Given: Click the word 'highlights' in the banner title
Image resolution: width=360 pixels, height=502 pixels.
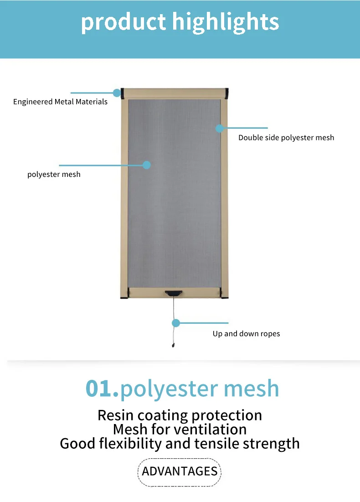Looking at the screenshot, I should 226,22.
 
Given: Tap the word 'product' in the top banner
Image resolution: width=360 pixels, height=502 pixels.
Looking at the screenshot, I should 123,22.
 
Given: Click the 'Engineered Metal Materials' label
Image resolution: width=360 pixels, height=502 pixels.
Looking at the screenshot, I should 60,102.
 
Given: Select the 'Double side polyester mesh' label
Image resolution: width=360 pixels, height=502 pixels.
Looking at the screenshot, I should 286,137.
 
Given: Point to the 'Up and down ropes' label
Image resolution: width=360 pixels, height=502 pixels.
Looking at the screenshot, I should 246,334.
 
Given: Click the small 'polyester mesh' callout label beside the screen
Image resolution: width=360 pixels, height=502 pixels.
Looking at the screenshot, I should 54,174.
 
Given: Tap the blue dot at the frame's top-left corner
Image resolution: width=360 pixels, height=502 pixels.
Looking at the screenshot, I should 117,93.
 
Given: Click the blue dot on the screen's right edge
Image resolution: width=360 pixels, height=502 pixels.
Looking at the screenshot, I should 220,129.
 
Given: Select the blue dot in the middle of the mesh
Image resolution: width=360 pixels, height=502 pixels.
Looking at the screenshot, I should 146,165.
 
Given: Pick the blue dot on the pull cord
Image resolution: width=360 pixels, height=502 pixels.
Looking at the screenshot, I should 175,323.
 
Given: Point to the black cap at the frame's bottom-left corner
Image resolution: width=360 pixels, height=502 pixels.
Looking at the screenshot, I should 123,296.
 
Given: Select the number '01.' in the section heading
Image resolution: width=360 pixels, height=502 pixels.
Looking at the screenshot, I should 102,388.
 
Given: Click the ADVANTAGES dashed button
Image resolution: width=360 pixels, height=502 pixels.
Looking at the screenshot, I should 180,471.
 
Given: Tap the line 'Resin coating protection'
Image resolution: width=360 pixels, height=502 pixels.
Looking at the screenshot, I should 180,415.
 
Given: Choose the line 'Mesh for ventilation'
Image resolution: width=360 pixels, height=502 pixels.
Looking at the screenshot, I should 180,429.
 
